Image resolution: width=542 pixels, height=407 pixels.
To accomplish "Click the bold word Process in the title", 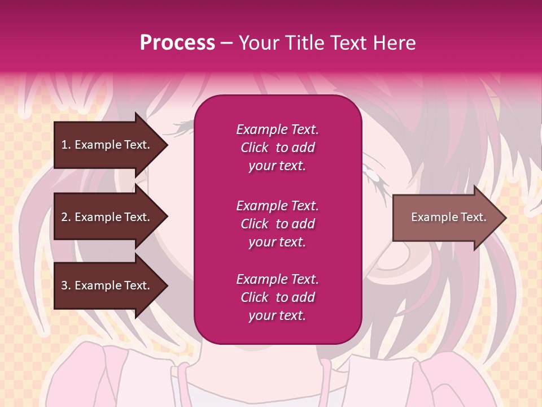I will [x=177, y=43].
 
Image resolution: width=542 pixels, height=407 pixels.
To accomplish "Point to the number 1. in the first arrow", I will [x=66, y=145].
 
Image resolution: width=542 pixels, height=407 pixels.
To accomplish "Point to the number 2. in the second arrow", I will [x=66, y=217].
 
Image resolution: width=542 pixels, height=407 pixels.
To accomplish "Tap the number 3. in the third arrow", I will [x=66, y=285].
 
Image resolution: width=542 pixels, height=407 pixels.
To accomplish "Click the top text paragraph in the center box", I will [x=277, y=148].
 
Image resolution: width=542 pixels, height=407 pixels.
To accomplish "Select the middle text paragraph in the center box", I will [x=277, y=224].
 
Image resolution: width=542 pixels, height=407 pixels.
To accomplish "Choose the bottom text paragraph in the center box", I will [x=277, y=297].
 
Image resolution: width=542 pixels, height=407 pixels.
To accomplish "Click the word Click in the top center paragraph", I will [x=255, y=148].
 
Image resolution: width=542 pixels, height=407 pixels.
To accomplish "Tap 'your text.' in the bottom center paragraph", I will [x=277, y=316].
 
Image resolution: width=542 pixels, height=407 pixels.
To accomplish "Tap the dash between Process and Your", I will [x=226, y=44].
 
